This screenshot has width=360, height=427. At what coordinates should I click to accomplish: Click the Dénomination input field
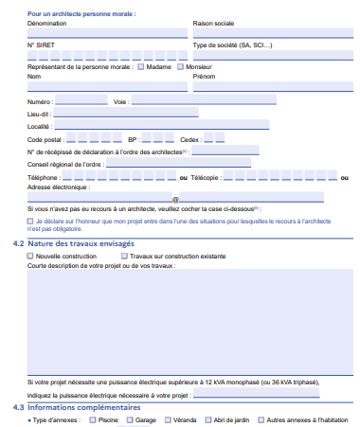(x=107, y=33)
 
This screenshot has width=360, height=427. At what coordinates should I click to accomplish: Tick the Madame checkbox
(x=141, y=67)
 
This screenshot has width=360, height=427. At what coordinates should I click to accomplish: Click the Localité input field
(x=161, y=125)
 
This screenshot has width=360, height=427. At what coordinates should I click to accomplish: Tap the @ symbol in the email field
(x=175, y=199)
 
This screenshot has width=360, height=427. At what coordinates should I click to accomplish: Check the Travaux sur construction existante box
(x=123, y=256)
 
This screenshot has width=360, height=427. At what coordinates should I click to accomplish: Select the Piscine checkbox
(x=92, y=418)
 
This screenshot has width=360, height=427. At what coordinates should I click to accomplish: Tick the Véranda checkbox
(x=166, y=418)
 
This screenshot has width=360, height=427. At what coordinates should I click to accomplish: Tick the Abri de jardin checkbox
(x=207, y=418)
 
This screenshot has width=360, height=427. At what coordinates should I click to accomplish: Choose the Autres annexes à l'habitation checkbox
(x=261, y=418)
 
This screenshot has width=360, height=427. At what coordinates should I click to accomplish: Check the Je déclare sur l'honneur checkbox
(x=30, y=221)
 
